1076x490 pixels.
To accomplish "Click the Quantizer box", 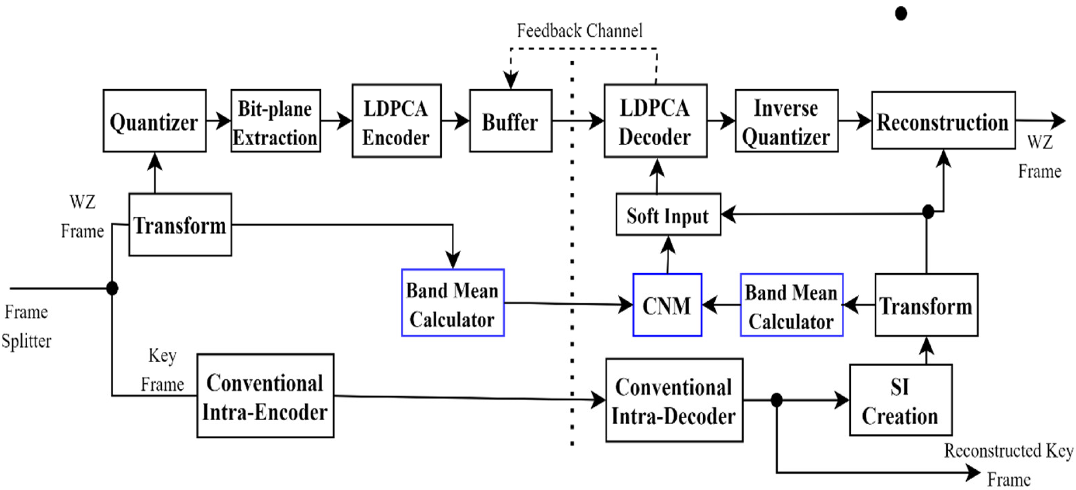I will (x=154, y=121).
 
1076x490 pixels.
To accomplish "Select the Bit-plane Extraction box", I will (x=275, y=121).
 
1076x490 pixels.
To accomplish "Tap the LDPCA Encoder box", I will (x=396, y=121).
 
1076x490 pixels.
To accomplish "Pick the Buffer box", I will (x=510, y=121).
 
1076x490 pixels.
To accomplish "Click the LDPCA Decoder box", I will (x=655, y=121).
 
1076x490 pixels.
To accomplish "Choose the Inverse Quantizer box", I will (x=786, y=121).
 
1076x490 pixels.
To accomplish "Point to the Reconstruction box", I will (x=943, y=121).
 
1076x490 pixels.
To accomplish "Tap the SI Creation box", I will (x=900, y=400).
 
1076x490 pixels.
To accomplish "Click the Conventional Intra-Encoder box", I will (x=265, y=396).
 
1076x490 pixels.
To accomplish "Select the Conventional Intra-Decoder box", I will (x=673, y=400).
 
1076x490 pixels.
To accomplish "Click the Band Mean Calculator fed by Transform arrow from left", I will (x=452, y=303).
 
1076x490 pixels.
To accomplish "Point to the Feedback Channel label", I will (x=579, y=30).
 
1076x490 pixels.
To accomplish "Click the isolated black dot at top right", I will (x=901, y=13).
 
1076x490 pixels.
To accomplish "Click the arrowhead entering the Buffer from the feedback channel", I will (x=510, y=81).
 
